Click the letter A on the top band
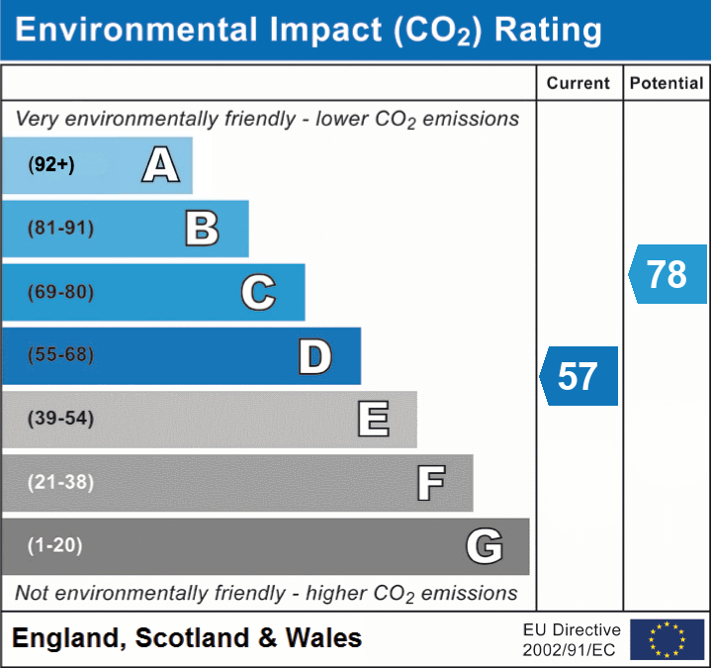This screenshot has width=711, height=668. [x=160, y=165]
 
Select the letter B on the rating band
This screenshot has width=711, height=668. [x=202, y=229]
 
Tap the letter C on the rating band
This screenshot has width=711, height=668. [x=258, y=292]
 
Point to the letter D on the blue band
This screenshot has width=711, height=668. [x=314, y=356]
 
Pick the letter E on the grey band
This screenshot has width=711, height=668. [x=373, y=419]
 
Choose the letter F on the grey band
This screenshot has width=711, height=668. [x=430, y=483]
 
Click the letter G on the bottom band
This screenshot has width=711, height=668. [x=485, y=546]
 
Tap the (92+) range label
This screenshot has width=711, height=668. [x=51, y=165]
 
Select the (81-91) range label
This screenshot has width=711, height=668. [x=60, y=229]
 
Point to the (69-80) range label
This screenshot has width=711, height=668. [x=60, y=292]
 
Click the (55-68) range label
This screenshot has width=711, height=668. [x=60, y=355]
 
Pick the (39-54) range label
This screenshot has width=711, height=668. [x=60, y=419]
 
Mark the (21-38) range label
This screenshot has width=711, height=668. [x=60, y=483]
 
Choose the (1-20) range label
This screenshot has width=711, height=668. [x=55, y=545]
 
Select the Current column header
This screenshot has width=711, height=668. [x=578, y=84]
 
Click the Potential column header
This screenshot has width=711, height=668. [x=667, y=84]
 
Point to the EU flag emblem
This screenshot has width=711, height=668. [x=667, y=639]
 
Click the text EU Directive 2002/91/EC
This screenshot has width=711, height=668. [x=572, y=639]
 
